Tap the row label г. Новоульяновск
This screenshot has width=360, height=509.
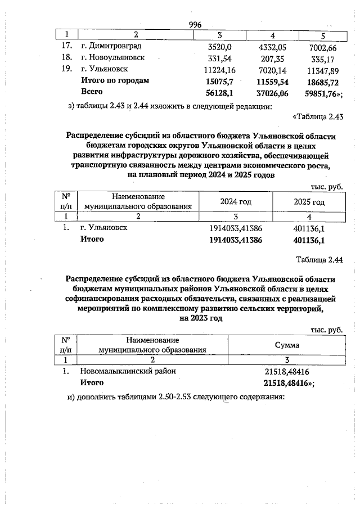[113, 58]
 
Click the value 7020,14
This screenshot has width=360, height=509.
[272, 69]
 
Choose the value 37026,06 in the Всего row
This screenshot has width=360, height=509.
[271, 92]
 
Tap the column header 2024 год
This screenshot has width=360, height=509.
[236, 202]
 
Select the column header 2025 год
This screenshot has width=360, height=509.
[309, 202]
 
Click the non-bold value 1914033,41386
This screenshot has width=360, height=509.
[236, 228]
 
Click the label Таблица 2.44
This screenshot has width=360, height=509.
[319, 260]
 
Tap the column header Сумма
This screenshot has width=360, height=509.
[286, 345]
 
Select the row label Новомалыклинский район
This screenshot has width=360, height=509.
[128, 371]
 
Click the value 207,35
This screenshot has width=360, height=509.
[272, 58]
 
